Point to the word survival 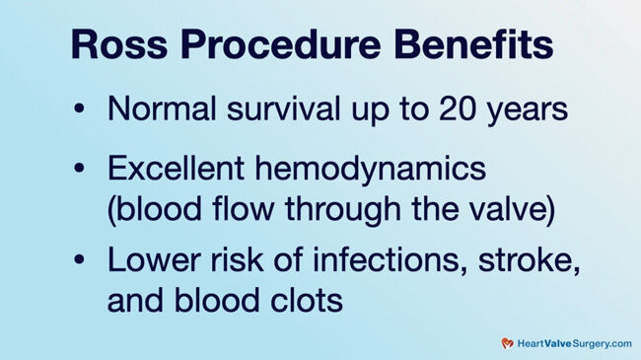273,108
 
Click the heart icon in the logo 507,343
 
